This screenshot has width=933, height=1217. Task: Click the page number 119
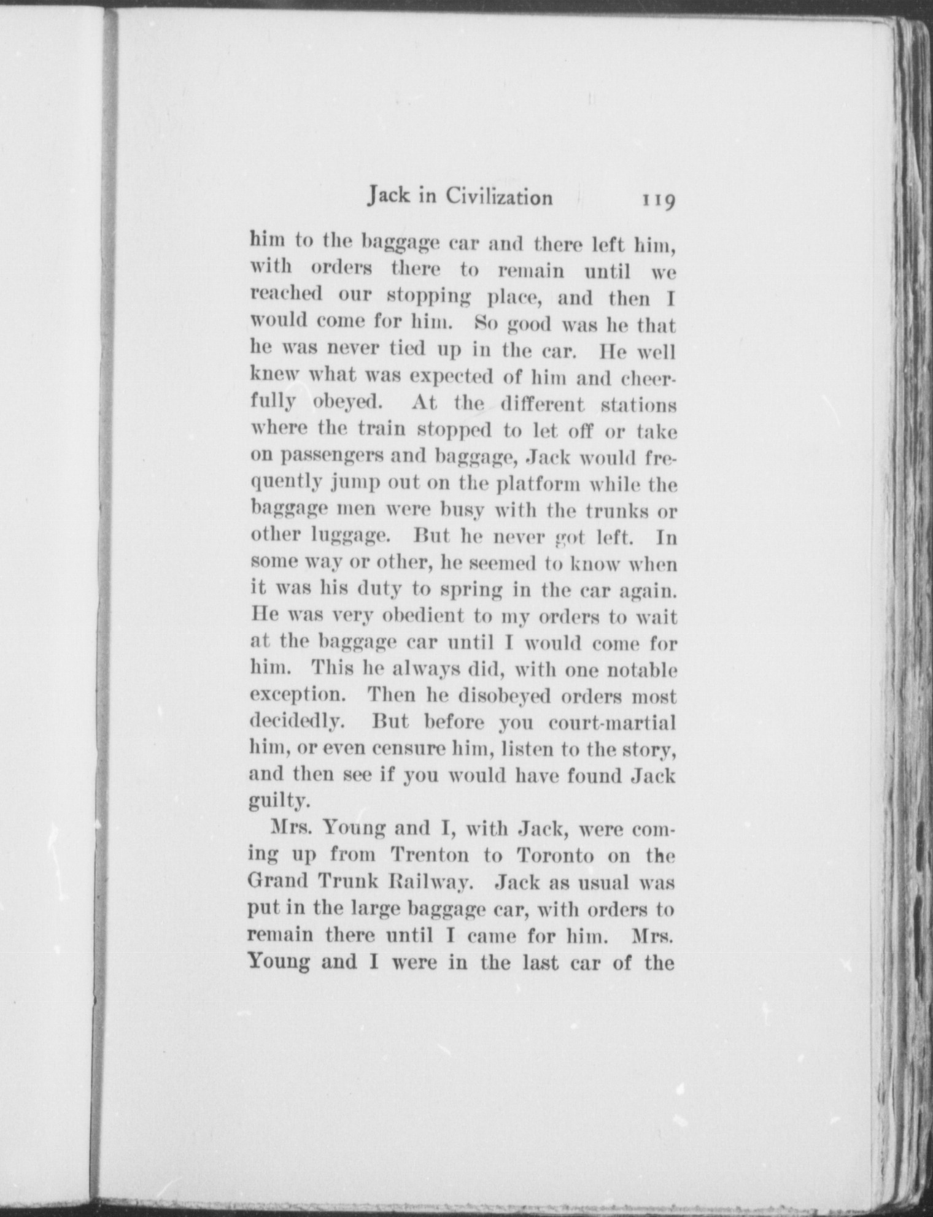pos(658,201)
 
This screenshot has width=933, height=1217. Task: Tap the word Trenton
pos(430,854)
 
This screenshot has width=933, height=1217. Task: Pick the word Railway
pos(430,881)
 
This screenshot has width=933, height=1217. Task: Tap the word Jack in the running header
pos(388,196)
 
